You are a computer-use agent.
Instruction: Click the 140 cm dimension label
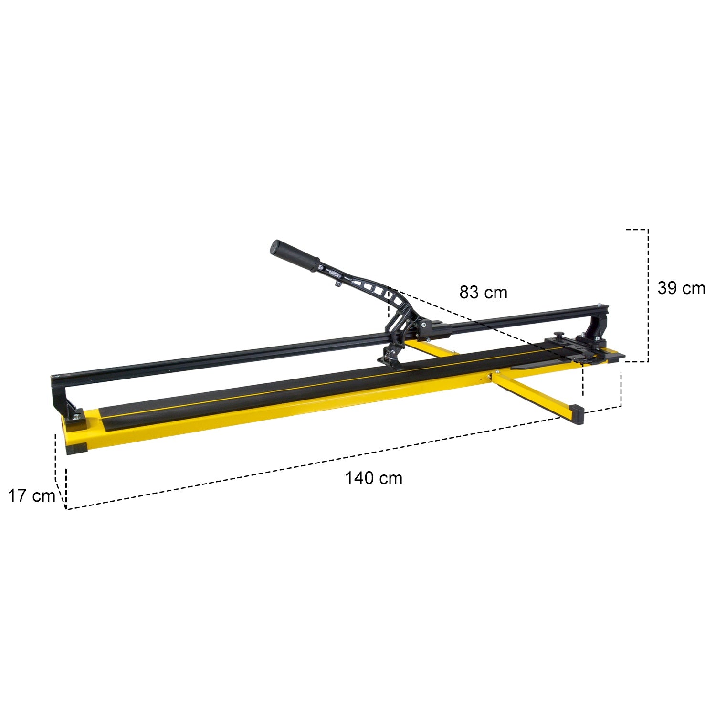coord(374,478)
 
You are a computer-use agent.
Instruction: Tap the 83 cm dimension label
coord(484,292)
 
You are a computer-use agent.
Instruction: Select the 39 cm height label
coord(681,288)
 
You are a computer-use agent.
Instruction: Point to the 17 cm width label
coord(32,496)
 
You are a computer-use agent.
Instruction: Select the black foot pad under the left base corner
coord(77,449)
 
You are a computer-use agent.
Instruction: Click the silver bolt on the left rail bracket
coord(76,417)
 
